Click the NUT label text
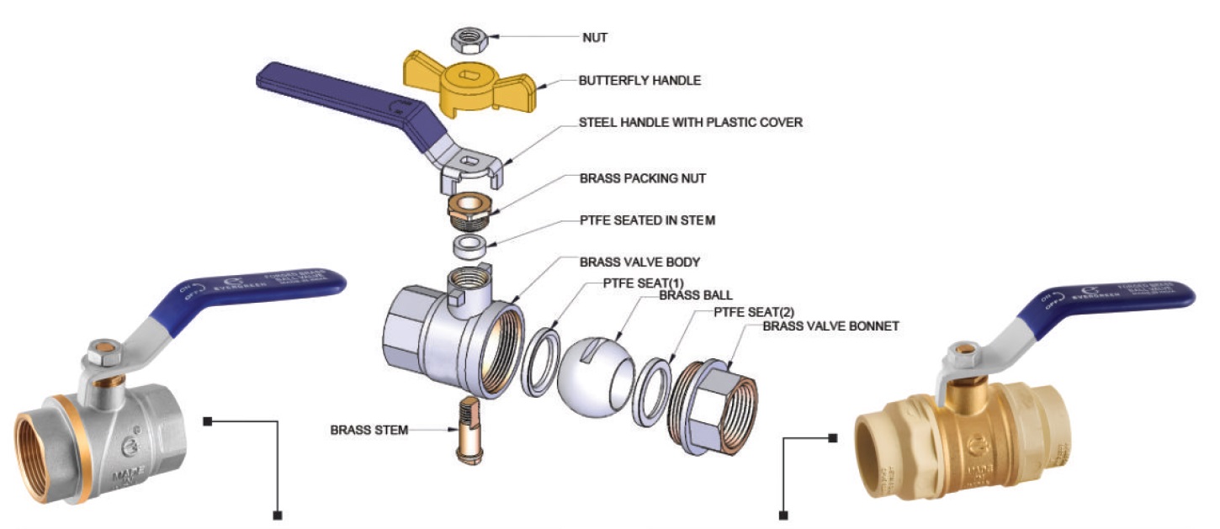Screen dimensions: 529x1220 (596, 37)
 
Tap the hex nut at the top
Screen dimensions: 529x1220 (464, 38)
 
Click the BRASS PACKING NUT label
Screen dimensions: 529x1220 (642, 178)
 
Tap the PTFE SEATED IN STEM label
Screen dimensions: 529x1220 (647, 220)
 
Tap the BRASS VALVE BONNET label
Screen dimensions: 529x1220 (830, 325)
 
